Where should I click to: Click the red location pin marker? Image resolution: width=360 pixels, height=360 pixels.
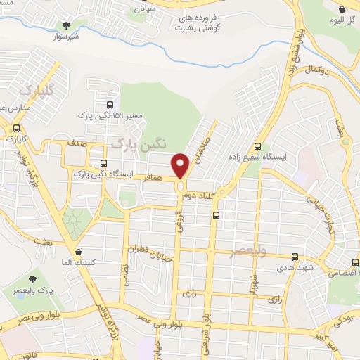(181, 165)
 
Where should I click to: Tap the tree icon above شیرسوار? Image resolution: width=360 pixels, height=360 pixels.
(66, 26)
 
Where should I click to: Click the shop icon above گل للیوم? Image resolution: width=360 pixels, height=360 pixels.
(342, 10)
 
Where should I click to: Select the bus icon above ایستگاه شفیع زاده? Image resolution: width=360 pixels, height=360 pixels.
(258, 147)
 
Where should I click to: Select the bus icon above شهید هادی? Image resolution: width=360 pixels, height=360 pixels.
(295, 258)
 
